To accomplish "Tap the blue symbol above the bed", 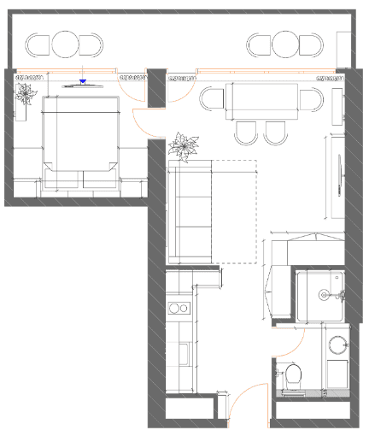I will (83, 82).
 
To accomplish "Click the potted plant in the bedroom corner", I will (26, 92).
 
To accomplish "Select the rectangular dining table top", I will (261, 101).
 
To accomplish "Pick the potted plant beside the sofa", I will (182, 145).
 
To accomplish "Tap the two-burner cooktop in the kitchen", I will (179, 308).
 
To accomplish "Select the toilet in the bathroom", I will (292, 374).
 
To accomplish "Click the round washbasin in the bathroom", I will (338, 345).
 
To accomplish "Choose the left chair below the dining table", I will (245, 131).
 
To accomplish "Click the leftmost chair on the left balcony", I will (38, 44).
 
